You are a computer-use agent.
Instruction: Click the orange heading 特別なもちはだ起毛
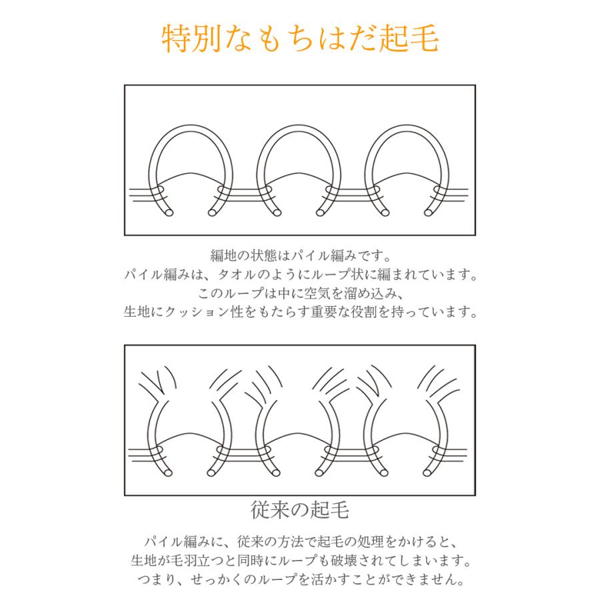[x=300, y=39]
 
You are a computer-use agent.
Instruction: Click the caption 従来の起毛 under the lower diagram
[x=300, y=511]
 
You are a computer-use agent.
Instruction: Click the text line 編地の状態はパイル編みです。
[x=300, y=256]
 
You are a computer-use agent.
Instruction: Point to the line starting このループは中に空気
[x=300, y=293]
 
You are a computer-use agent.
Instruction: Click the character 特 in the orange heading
[x=175, y=39]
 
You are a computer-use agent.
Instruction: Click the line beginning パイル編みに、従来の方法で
[x=300, y=539]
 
